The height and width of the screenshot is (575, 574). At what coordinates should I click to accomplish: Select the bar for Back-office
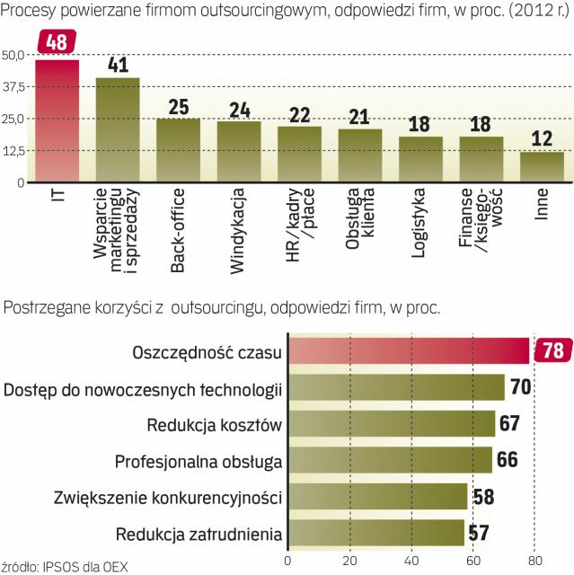(x=179, y=150)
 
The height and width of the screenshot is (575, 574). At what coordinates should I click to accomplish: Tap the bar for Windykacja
(x=239, y=152)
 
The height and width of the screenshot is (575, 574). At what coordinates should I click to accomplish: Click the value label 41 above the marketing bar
(x=119, y=66)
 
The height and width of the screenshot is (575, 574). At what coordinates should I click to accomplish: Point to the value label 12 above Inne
(x=543, y=140)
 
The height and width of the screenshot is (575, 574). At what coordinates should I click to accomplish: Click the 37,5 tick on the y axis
(x=13, y=86)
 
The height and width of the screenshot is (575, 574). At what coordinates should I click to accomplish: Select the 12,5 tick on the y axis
(x=13, y=150)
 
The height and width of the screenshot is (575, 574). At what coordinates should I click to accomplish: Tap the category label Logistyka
(x=420, y=224)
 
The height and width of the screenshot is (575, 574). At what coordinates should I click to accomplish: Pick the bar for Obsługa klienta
(x=360, y=156)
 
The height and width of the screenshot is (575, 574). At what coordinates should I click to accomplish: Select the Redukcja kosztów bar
(x=391, y=423)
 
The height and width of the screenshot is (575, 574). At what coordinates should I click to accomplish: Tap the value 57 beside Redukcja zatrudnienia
(x=478, y=534)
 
